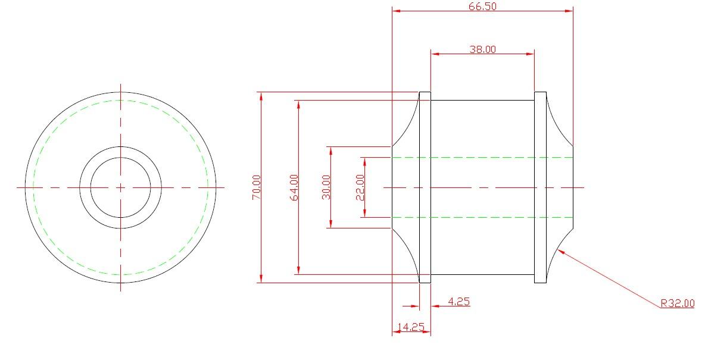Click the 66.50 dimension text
[x=482, y=7]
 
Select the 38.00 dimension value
[x=482, y=49]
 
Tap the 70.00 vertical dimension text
[x=256, y=187]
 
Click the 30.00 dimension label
[x=326, y=187]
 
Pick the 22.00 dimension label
[x=360, y=187]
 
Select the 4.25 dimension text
[x=459, y=301]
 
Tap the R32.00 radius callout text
[x=678, y=303]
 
